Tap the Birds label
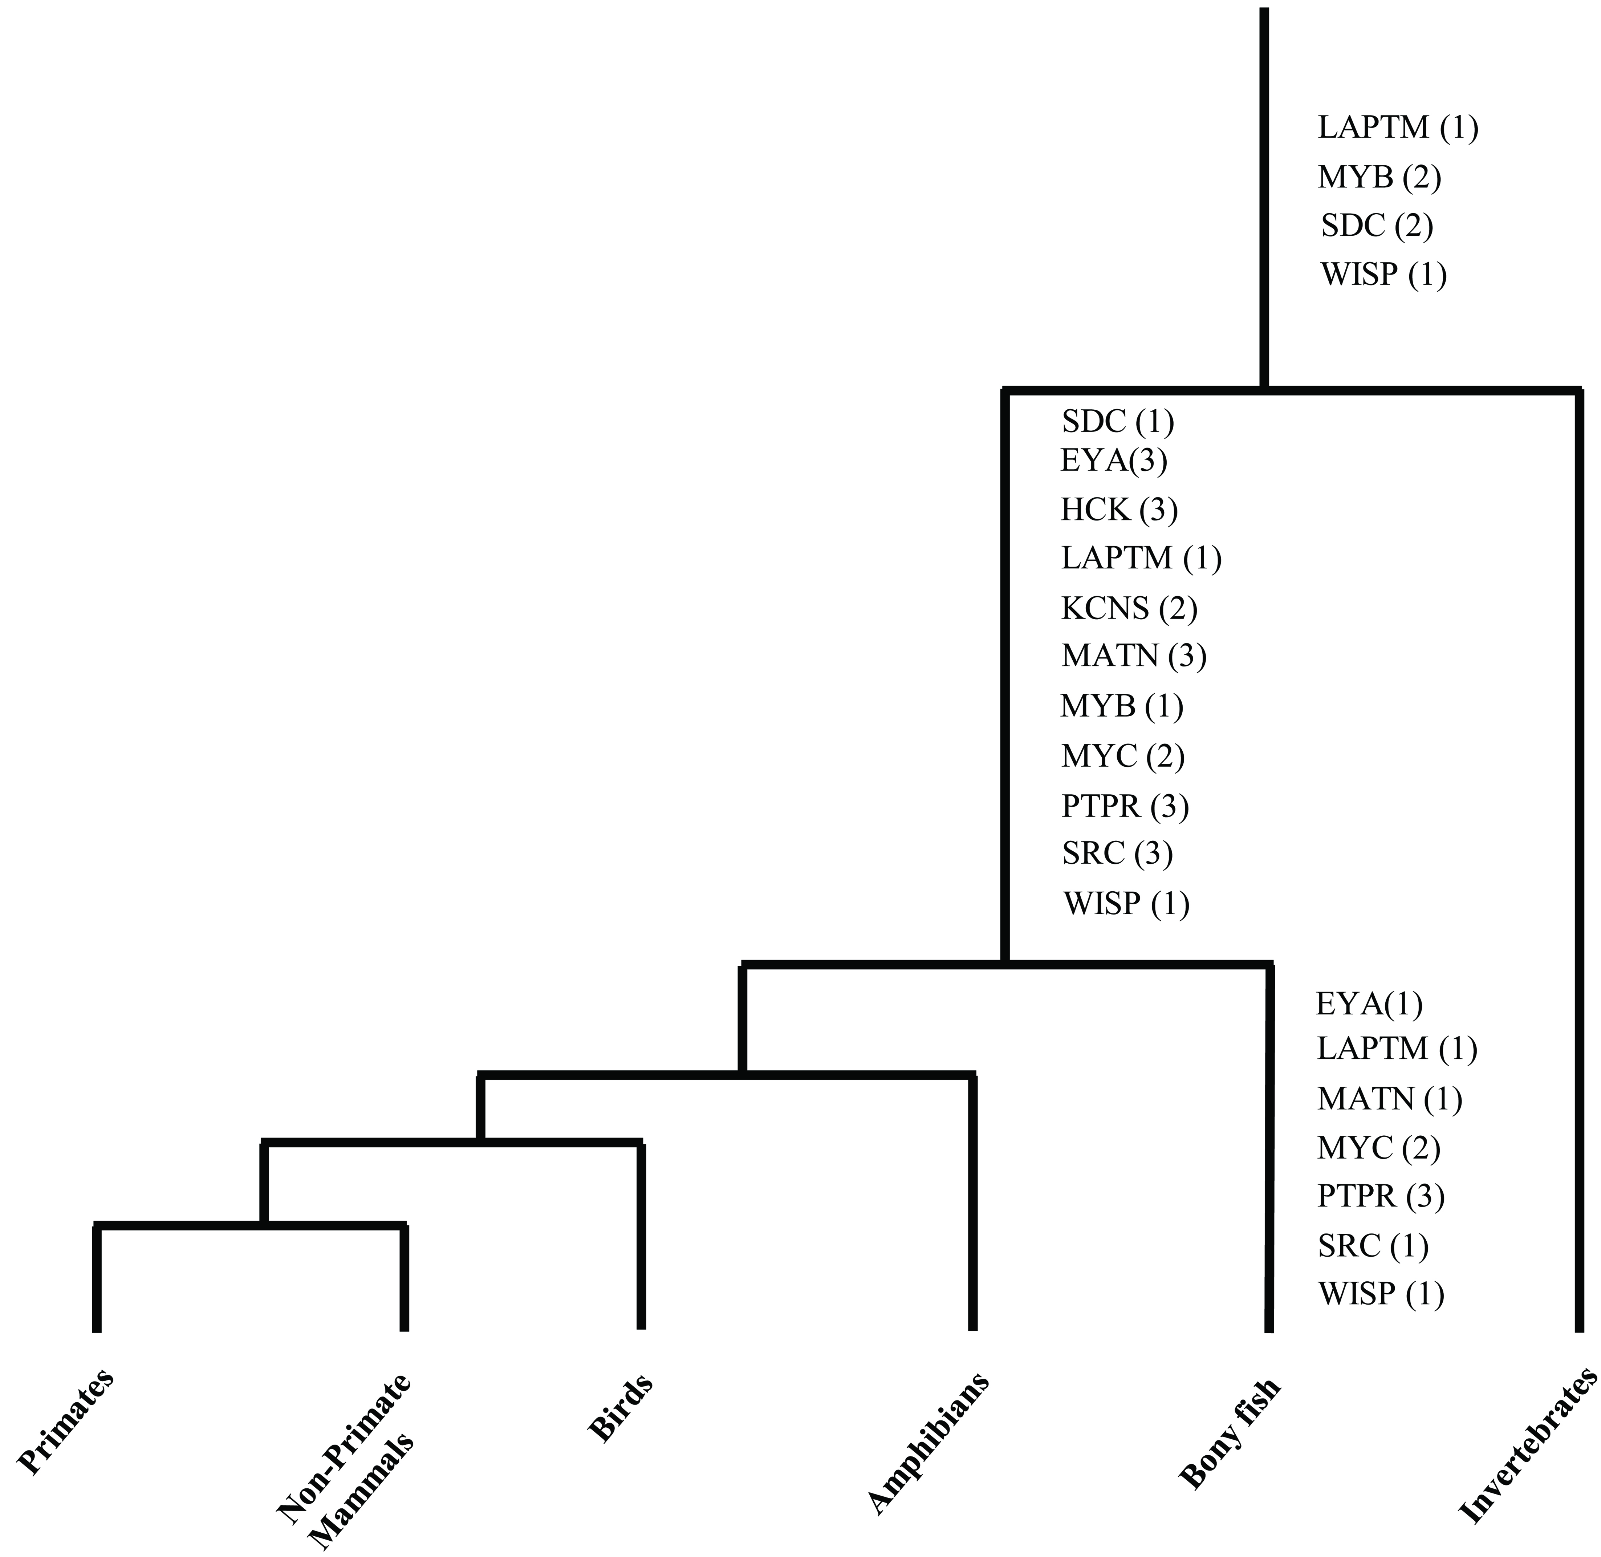[x=621, y=1408]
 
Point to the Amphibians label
[x=928, y=1443]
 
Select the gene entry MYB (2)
[x=1379, y=177]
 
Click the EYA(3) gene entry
[x=1114, y=461]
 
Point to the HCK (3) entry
[x=1120, y=510]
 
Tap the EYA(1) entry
[x=1369, y=1003]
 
